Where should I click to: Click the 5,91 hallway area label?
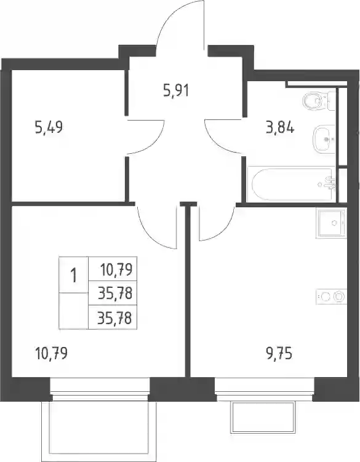point(176,90)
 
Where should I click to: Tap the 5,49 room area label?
point(49,128)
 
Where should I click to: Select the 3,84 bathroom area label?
point(280,128)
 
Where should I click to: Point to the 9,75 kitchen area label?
point(279,353)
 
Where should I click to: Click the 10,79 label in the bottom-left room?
point(51,353)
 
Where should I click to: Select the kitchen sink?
point(331,223)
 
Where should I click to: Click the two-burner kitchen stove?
point(331,296)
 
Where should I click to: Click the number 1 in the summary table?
point(73,276)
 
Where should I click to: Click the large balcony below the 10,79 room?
point(99,428)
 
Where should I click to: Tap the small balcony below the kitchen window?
point(263,416)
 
